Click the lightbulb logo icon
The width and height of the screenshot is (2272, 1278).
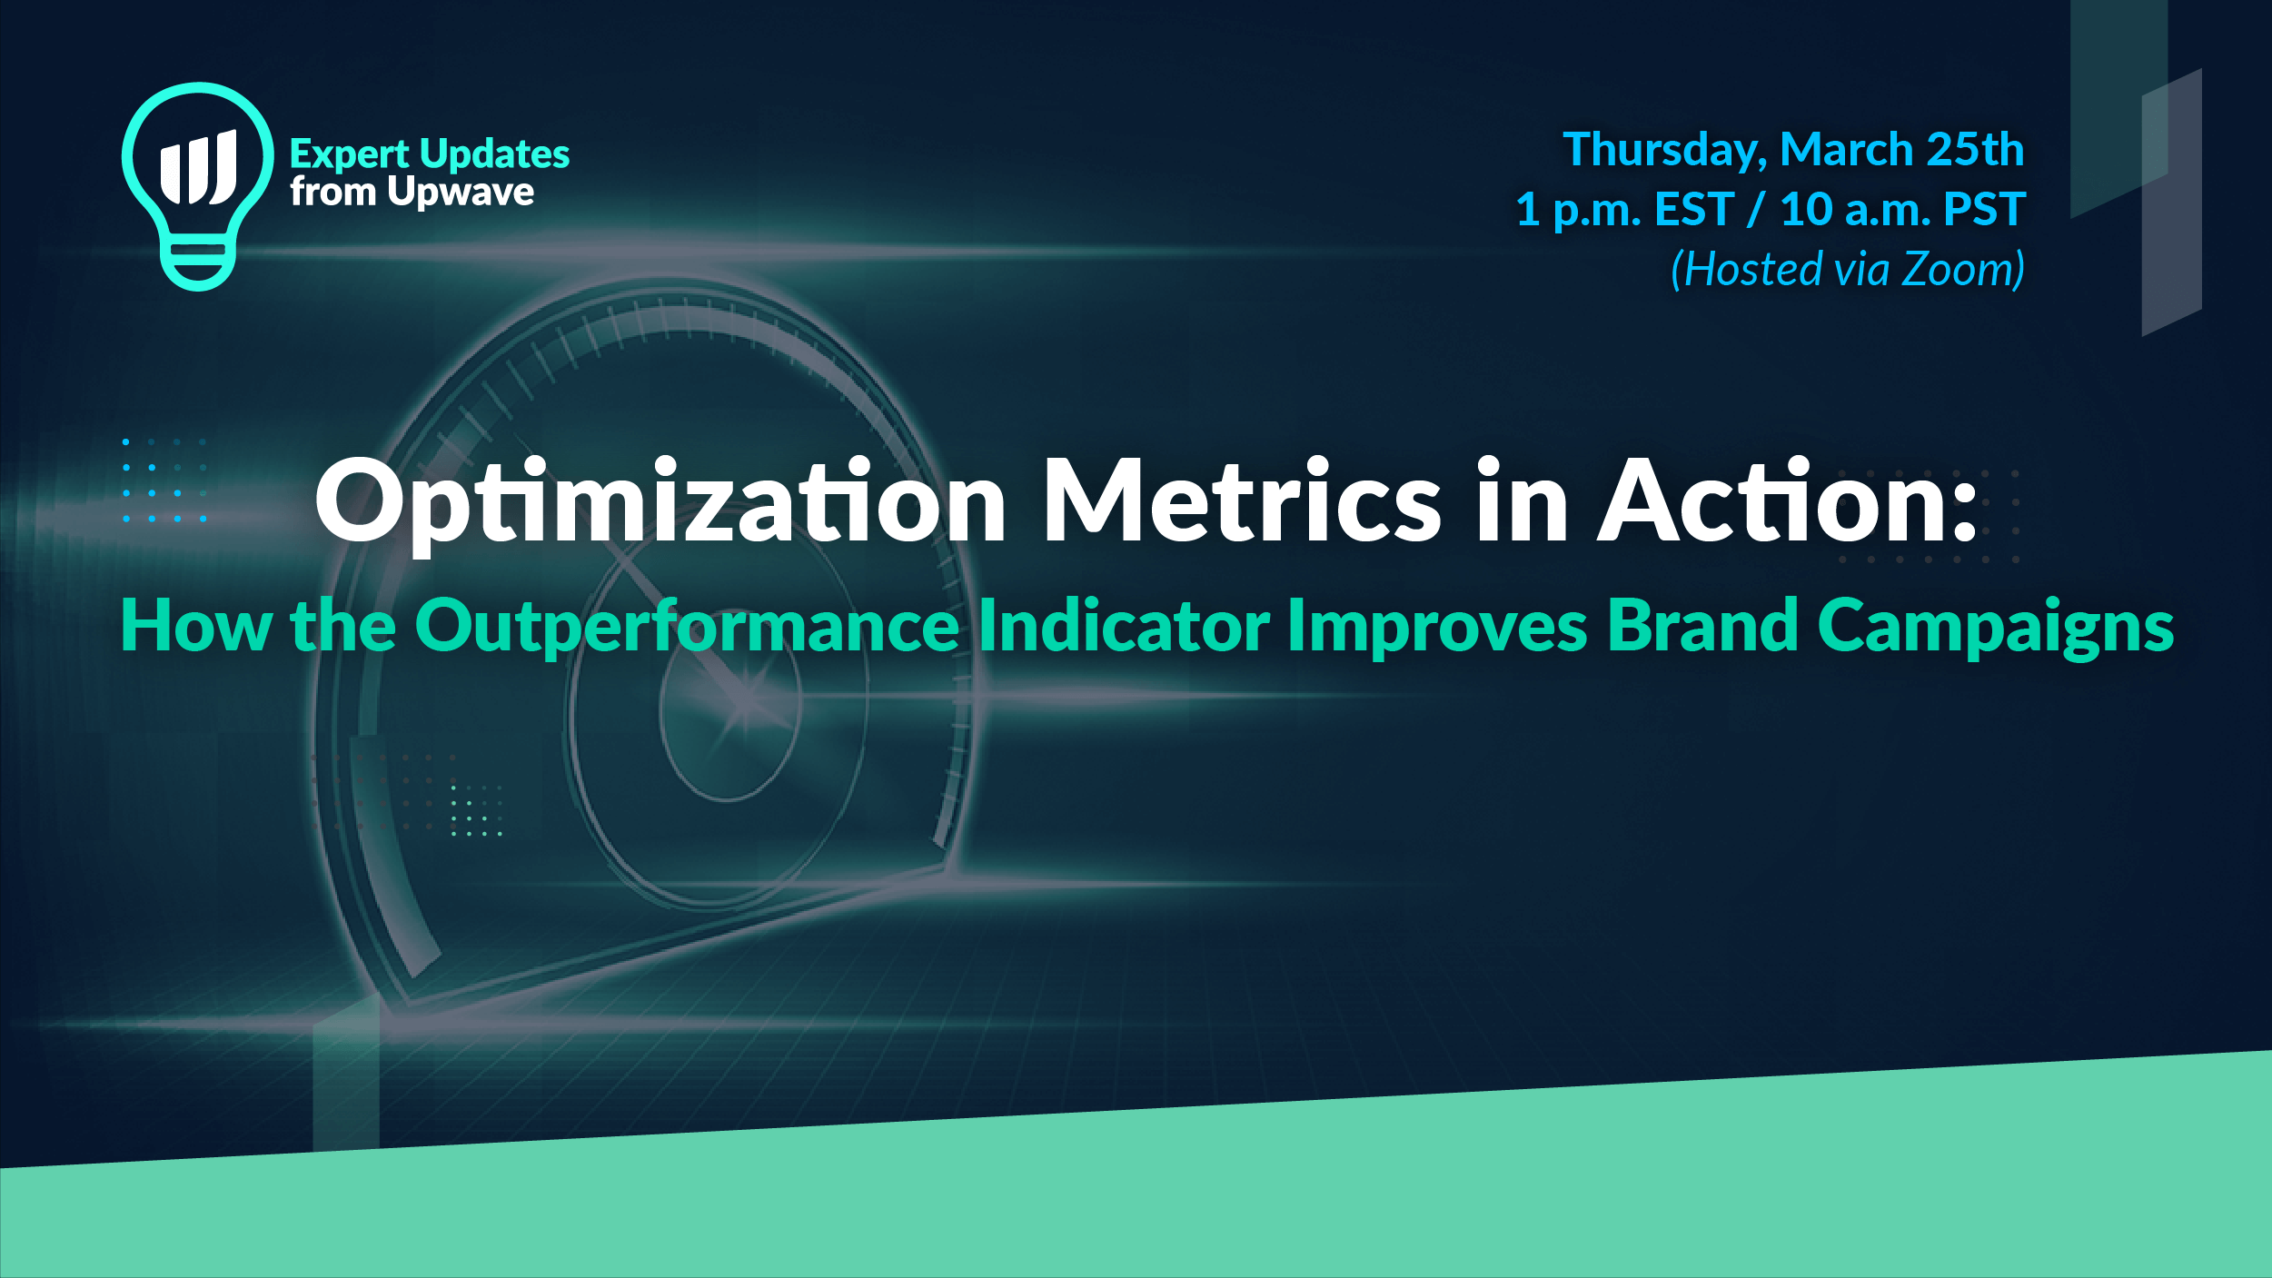(x=197, y=186)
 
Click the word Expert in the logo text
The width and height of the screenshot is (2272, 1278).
(x=350, y=155)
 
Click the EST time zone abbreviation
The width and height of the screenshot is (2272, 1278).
(x=1694, y=209)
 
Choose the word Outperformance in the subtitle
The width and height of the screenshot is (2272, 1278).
(x=687, y=627)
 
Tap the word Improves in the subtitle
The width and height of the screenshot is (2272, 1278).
(x=1437, y=627)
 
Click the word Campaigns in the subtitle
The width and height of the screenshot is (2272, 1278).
(x=1996, y=627)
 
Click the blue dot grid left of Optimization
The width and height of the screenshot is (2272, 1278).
(x=164, y=480)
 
